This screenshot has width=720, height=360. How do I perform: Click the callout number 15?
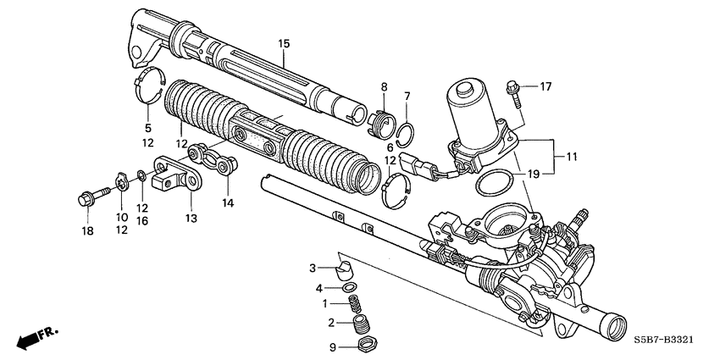point(283,42)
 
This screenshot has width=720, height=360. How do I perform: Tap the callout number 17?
point(546,86)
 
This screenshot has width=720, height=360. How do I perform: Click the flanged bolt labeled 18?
point(87,200)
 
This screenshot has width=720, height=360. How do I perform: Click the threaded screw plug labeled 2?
point(363,324)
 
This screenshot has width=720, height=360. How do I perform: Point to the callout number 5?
point(147,129)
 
